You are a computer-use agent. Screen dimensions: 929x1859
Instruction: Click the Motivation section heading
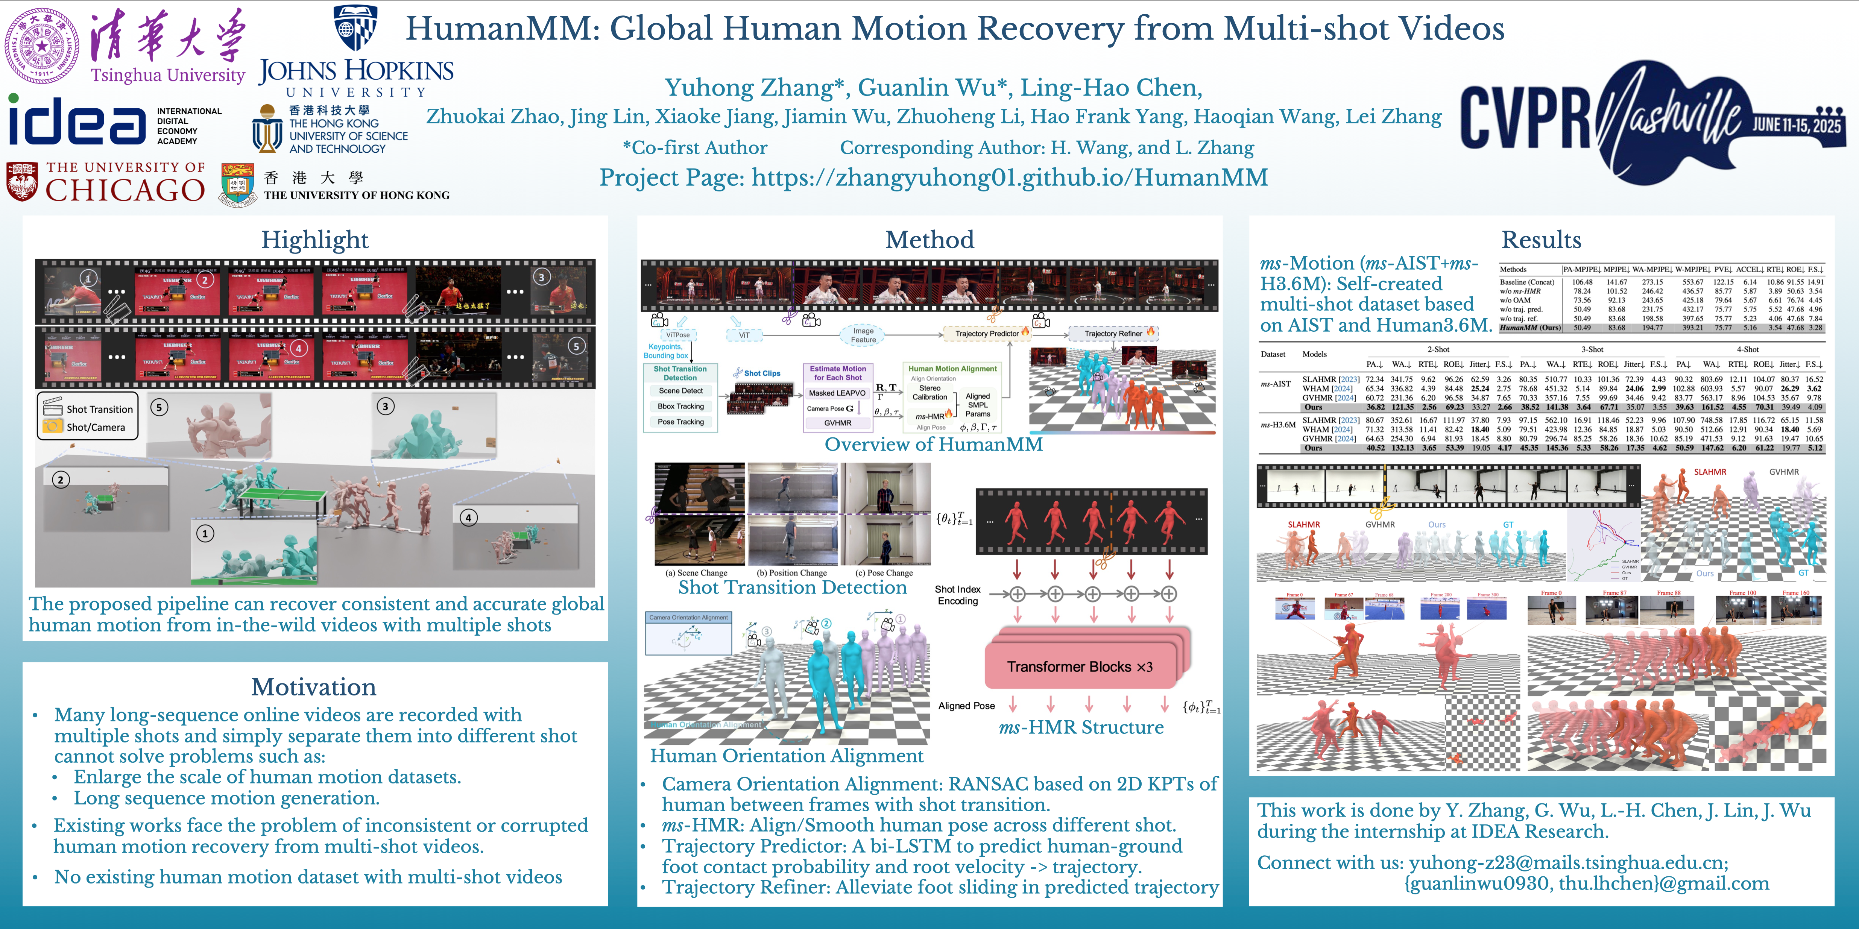314,686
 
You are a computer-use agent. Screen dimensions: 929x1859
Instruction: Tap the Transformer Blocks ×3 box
1080,666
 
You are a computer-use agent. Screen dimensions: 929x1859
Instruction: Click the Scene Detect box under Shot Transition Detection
680,390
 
